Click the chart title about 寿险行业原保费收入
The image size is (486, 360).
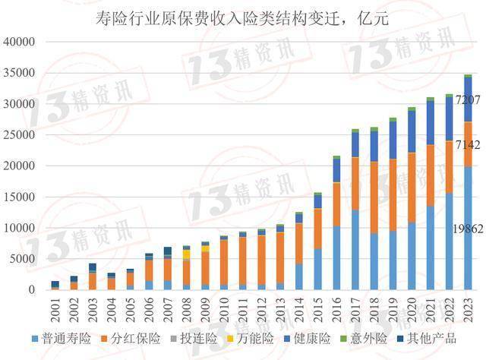point(242,19)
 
